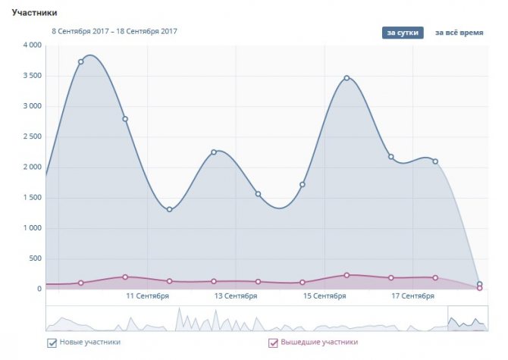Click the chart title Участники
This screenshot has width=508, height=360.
coord(36,13)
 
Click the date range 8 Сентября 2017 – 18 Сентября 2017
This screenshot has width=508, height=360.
coord(114,32)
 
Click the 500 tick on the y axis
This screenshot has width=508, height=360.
coord(33,258)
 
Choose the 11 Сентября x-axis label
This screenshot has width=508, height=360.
coord(147,295)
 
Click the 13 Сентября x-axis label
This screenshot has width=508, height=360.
coord(236,295)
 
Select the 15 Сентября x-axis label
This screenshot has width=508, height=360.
coord(324,295)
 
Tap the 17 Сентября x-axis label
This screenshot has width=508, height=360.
coord(412,295)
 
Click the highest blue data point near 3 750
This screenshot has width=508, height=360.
coord(81,61)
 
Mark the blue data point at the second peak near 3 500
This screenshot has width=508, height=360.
coord(347,78)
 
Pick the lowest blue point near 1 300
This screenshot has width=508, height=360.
coord(169,209)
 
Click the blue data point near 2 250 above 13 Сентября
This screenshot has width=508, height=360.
coord(214,152)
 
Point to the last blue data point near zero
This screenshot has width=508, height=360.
coord(479,284)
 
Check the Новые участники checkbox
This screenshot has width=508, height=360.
coord(52,343)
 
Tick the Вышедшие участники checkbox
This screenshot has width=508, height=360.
coord(274,343)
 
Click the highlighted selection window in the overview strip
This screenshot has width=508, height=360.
coord(467,318)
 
